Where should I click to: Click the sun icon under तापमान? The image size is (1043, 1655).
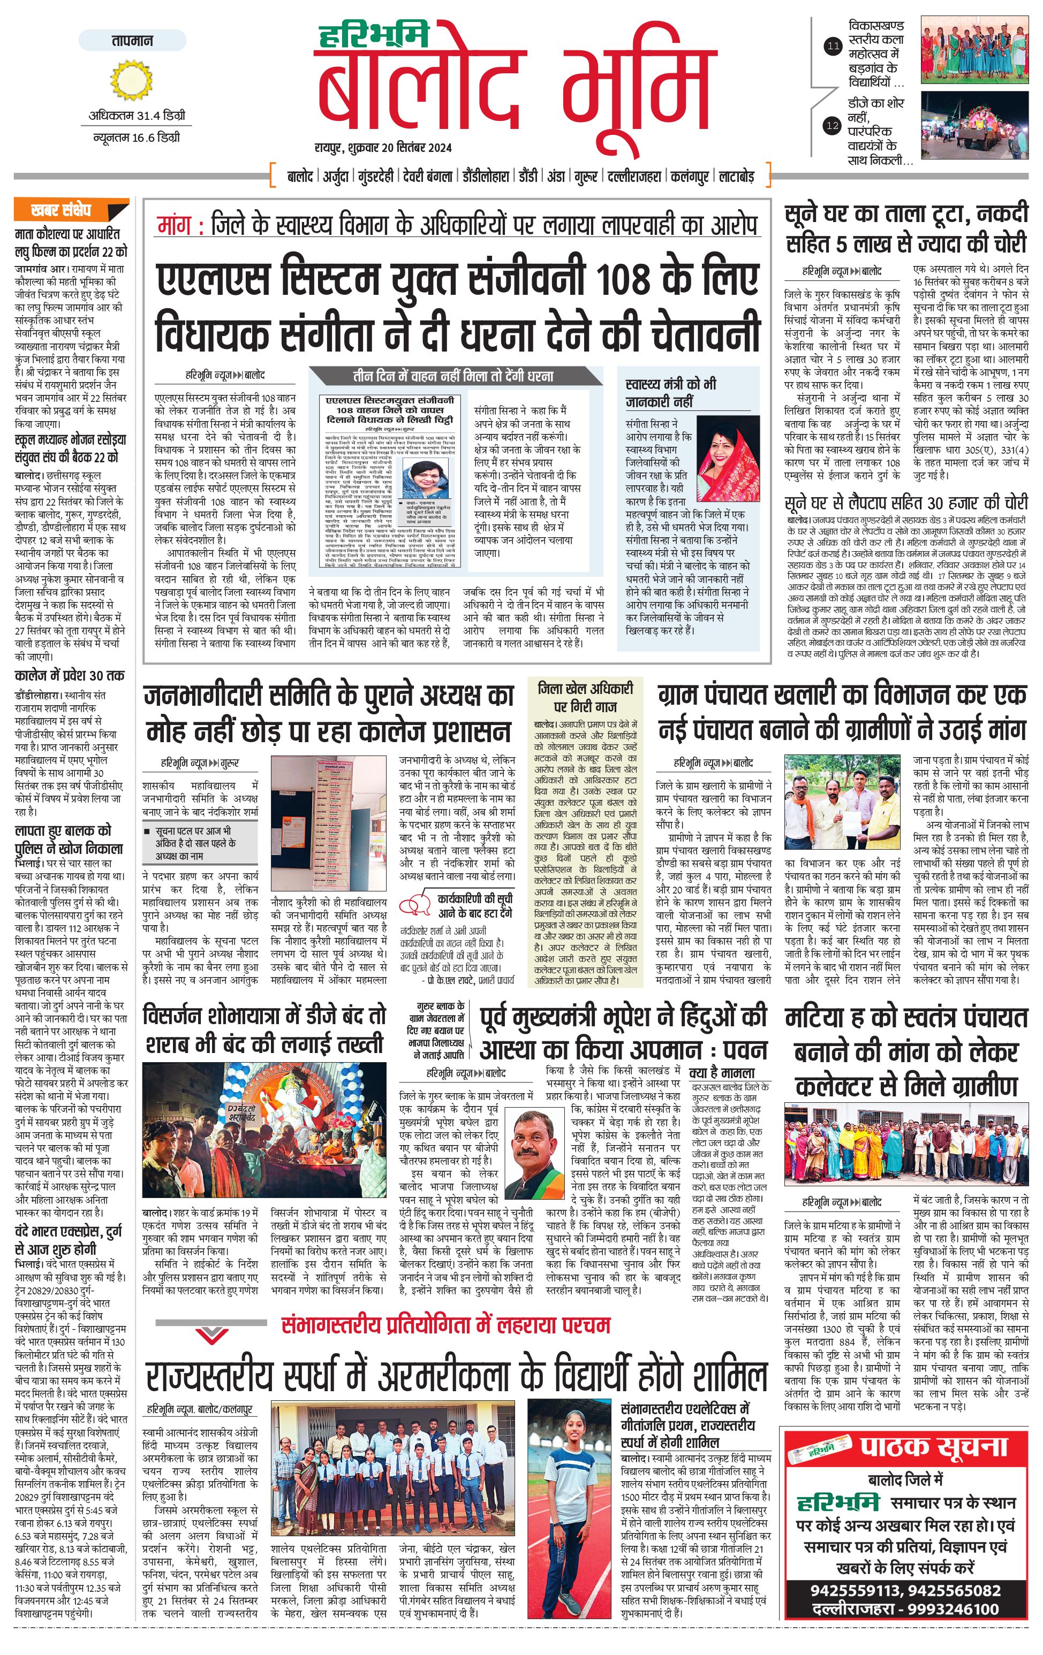pos(131,80)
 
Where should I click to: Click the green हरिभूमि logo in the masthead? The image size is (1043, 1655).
pos(374,34)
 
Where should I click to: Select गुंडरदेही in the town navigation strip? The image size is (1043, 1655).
pos(375,177)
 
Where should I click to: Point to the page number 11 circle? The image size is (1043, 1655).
pos(833,47)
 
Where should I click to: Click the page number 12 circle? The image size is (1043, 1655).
pos(833,126)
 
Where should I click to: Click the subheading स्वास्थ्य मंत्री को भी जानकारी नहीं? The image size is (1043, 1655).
pos(670,392)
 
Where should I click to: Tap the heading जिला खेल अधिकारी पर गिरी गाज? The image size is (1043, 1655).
pos(585,697)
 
